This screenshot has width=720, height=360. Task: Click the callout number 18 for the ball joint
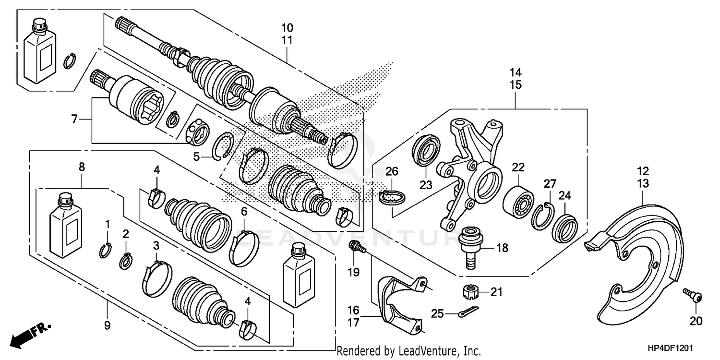[x=502, y=248]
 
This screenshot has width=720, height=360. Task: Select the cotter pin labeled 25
[x=465, y=313]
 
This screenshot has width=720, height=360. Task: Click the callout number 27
[x=549, y=184]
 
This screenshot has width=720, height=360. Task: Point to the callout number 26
[x=392, y=171]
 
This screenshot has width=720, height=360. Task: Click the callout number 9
[x=107, y=325]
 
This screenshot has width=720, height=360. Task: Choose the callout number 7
[x=74, y=119]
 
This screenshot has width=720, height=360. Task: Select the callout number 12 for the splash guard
[x=643, y=170]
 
